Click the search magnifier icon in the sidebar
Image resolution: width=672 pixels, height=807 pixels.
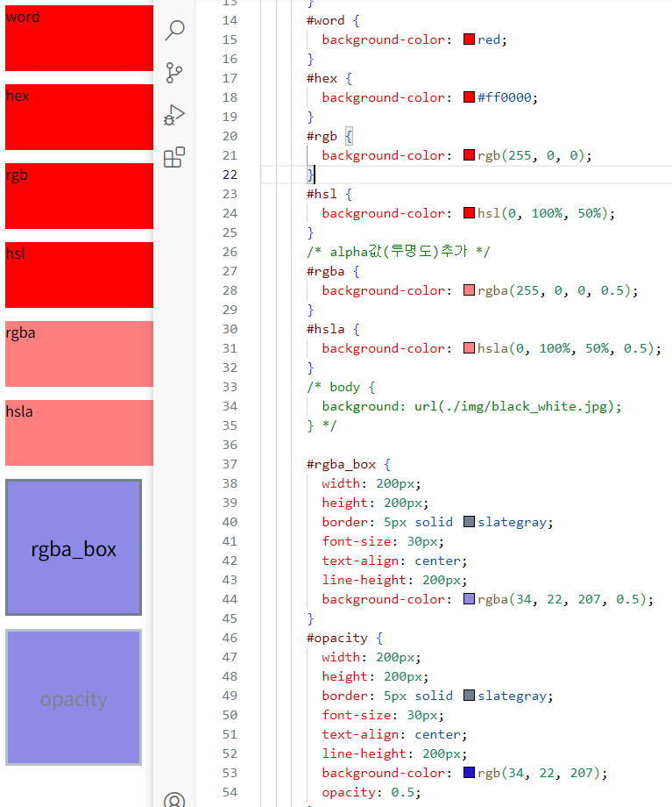[175, 31]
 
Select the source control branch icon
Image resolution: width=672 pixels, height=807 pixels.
[174, 73]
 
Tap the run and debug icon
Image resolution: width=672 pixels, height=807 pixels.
[174, 115]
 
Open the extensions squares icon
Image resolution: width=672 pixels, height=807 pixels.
[174, 157]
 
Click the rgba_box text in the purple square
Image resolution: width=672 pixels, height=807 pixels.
[74, 550]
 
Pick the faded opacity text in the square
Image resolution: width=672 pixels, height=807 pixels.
[74, 699]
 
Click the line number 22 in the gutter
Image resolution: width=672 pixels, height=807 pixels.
[230, 175]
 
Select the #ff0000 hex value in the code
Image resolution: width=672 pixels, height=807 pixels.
[505, 97]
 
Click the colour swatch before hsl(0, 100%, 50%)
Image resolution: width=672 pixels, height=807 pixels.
[469, 213]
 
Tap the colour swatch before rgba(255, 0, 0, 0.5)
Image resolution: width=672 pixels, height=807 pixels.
[469, 290]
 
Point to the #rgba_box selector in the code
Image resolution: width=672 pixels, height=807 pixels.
[341, 464]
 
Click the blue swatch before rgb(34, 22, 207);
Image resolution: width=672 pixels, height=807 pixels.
[469, 773]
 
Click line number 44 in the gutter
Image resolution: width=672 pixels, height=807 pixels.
[230, 599]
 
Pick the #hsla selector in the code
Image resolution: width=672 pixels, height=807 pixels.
[326, 329]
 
